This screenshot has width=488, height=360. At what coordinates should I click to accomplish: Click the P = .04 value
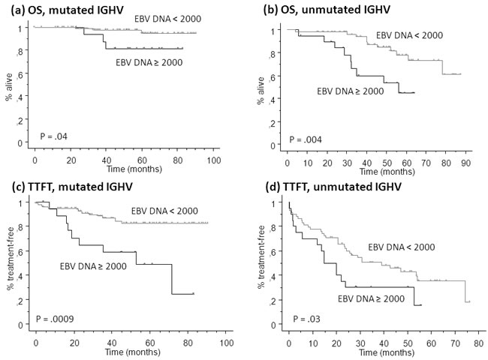click(x=56, y=136)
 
